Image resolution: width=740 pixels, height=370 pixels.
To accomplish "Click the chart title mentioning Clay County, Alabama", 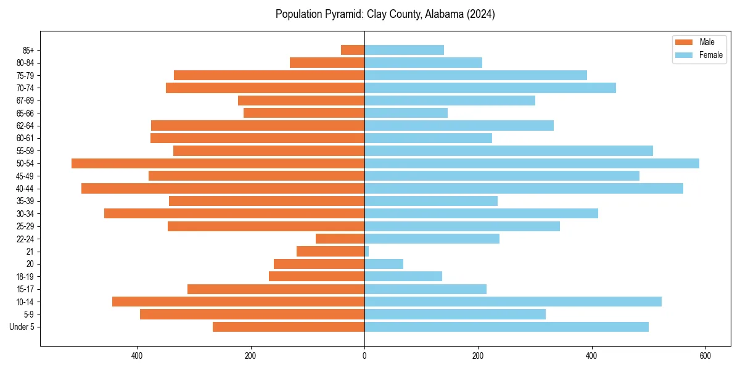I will (x=385, y=14).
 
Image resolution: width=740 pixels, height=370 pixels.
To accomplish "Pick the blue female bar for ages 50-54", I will (x=532, y=163).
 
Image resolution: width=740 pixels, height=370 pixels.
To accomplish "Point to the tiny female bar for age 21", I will (x=367, y=252).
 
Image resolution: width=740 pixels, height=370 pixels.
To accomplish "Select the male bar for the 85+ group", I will (x=353, y=50).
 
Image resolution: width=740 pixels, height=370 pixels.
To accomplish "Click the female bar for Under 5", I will (x=506, y=327).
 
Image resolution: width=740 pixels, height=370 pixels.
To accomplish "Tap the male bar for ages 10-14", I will (x=238, y=302).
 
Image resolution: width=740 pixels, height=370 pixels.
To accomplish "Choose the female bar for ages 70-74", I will (x=490, y=88).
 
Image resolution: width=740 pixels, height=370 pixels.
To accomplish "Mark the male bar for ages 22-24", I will (x=340, y=239).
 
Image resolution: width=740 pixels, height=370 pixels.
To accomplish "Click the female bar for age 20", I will (x=384, y=264).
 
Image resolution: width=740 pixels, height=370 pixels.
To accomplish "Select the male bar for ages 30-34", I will (x=234, y=213).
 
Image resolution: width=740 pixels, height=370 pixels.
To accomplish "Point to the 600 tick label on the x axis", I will (x=705, y=356).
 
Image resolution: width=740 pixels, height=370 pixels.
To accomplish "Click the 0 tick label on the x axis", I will (x=364, y=356).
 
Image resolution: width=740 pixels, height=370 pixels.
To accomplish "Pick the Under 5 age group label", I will (x=22, y=327).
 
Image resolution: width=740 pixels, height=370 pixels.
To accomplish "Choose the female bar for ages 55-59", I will (x=509, y=151).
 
